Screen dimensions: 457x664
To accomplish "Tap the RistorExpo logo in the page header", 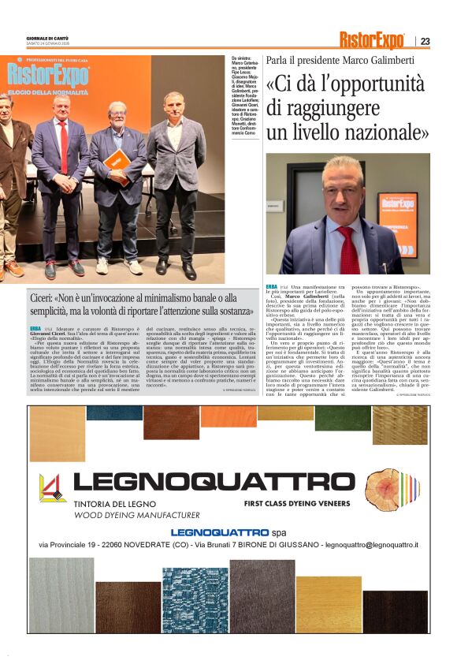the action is pyautogui.click(x=372, y=40).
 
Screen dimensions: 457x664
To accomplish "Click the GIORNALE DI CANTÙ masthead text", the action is pyautogui.click(x=46, y=39).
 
